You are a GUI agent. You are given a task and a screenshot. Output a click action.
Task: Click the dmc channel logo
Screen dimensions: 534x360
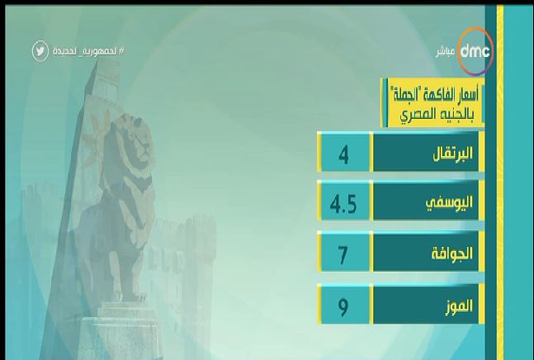point(475,51)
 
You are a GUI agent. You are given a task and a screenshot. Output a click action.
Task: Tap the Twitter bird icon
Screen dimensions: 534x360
point(40,51)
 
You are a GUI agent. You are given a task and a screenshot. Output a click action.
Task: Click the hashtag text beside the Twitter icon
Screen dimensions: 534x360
point(88,51)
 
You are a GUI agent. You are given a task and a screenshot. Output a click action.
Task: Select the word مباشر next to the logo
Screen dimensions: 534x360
point(446,52)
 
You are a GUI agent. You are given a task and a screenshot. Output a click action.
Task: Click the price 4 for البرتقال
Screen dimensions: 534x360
point(343,156)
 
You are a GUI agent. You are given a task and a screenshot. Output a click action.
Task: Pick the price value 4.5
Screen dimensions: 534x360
point(343,204)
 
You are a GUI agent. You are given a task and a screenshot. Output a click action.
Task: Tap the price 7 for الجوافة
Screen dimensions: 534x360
point(343,255)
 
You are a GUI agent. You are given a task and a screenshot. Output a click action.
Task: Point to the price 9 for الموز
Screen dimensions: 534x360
point(343,307)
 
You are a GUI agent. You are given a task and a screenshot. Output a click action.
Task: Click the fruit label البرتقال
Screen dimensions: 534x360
point(452,154)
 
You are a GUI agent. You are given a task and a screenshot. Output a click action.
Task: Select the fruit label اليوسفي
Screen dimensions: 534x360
point(450,203)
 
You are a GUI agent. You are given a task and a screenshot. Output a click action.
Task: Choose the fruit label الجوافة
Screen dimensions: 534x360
point(452,253)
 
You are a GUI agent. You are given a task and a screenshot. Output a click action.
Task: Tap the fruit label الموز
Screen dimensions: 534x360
point(460,306)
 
